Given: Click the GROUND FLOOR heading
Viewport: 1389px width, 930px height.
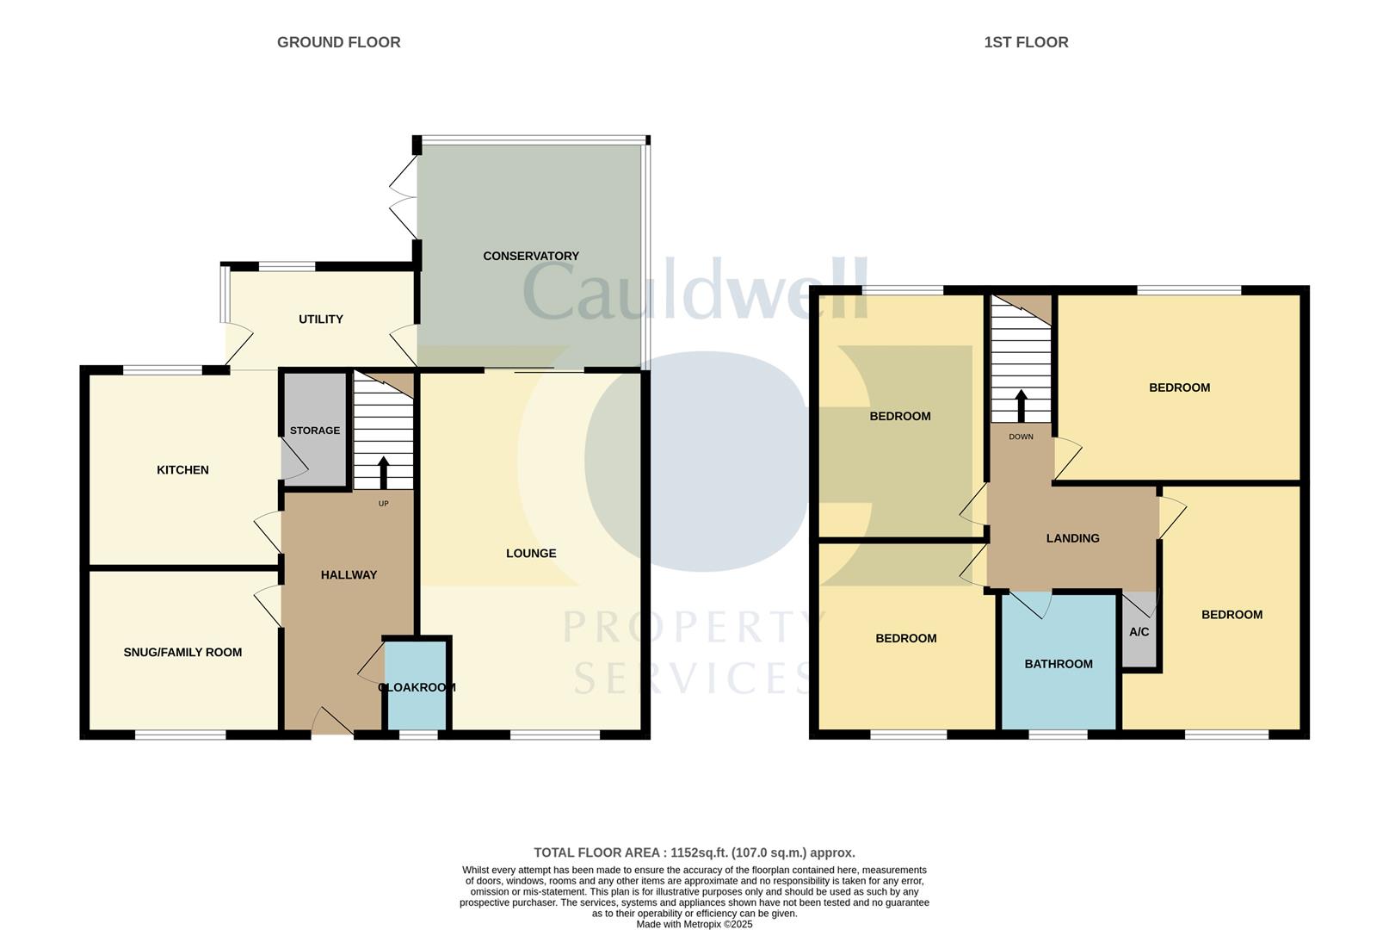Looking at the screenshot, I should coord(338,42).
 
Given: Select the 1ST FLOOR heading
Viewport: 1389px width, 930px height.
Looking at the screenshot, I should coord(1026,42).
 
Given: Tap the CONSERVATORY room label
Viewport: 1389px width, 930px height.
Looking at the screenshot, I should coord(530,256).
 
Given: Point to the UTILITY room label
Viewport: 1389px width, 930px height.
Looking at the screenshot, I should coord(320,319).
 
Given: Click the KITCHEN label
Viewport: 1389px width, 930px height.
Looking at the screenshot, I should coord(182,470).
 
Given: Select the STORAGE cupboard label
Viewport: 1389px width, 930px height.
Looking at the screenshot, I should coord(314,431).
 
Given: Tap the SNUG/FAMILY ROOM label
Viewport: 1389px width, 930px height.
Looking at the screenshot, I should coord(182,653).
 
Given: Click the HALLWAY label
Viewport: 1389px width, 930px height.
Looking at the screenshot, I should coord(349,575).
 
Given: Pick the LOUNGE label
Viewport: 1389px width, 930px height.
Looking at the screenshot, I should coord(531,554).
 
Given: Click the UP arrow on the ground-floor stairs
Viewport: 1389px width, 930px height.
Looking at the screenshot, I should coord(383,473).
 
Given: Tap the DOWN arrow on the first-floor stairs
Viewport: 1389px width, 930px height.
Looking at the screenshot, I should coord(1021,406).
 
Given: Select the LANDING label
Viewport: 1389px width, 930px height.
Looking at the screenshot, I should coord(1072,539).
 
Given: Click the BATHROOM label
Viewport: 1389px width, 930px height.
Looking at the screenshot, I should coord(1059,664).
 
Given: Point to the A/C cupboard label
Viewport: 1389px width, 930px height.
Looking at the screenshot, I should coord(1139,632).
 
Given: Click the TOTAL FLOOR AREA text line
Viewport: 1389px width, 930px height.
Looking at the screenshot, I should coord(694,853).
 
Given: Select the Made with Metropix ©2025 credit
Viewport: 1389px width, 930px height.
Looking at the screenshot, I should coord(694,924).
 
